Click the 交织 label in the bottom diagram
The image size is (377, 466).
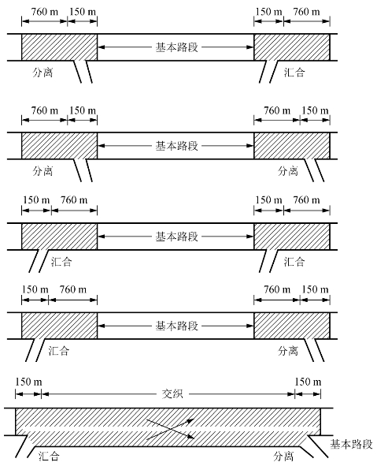coord(172,393)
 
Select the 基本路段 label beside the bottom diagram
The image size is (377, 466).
coord(351,444)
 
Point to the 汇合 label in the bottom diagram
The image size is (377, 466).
coord(50,456)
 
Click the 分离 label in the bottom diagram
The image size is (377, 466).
coord(283,456)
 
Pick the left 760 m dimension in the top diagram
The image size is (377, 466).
coord(45,12)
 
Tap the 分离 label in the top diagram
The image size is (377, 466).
coord(43,73)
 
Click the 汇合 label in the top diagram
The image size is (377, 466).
coord(294,73)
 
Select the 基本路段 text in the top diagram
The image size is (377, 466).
coord(177,47)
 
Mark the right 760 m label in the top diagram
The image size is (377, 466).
coord(307,12)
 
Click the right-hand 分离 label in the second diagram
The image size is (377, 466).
coord(288,171)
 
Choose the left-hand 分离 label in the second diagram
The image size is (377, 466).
coord(43,171)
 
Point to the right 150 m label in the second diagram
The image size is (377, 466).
coord(316,110)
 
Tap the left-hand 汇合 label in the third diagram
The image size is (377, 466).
coord(61,262)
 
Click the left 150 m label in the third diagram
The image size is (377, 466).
coord(36,199)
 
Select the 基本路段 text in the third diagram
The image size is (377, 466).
coord(177,237)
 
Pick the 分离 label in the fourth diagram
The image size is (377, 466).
coord(288,351)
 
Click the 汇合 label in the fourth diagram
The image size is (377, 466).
coord(59,351)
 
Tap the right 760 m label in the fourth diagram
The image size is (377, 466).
coord(277,289)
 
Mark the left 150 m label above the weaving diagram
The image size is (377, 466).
coord(28,382)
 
